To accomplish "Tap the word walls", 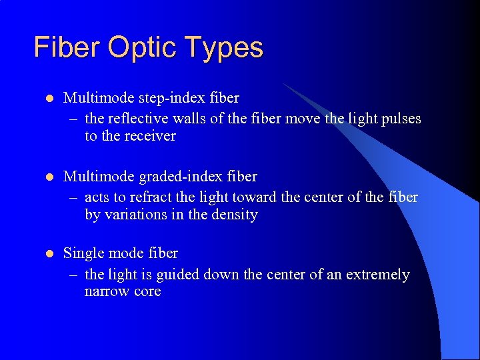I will pos(187,118).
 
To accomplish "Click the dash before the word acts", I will pos(72,197).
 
